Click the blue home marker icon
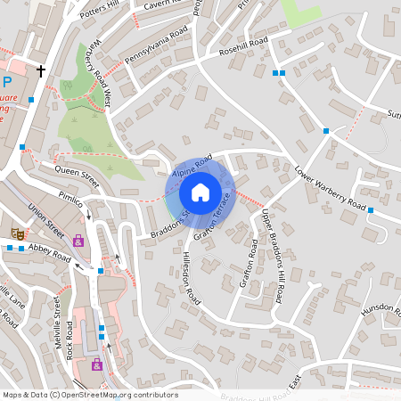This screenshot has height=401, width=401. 200,192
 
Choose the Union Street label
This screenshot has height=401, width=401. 46,216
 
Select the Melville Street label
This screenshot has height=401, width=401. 61,328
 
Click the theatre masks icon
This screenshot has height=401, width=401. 17,233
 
